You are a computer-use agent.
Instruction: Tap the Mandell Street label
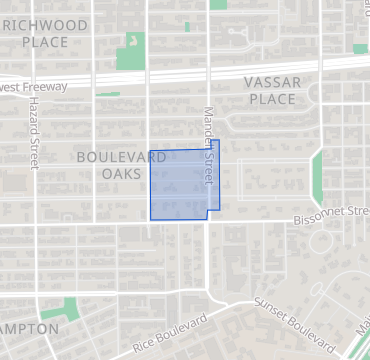210,145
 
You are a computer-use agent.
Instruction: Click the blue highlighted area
180,185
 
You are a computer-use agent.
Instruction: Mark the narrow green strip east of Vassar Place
317,176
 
